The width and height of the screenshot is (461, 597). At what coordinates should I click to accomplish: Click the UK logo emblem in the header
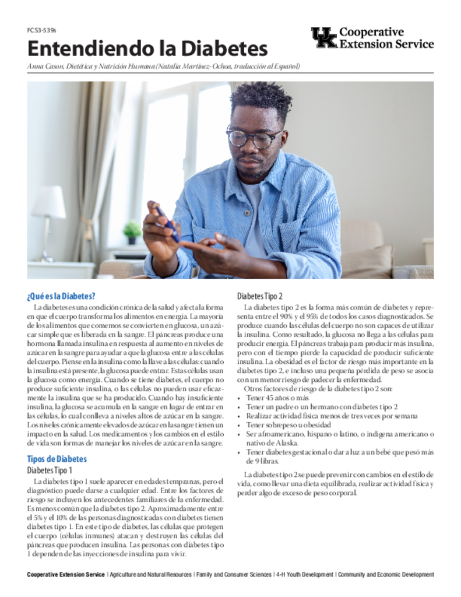point(323,37)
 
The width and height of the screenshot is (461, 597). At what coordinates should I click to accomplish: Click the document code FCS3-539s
point(41,30)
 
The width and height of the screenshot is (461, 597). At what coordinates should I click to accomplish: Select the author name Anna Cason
point(44,66)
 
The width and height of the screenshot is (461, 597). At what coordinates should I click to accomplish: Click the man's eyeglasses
point(254,138)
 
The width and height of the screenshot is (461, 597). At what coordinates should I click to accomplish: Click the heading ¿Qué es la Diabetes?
point(61,296)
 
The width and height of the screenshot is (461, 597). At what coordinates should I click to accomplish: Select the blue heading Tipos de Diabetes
point(57,459)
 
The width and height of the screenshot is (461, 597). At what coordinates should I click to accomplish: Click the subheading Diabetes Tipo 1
point(50,470)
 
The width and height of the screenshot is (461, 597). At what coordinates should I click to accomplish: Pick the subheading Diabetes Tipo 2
point(260,296)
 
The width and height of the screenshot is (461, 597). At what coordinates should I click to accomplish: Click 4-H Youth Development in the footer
point(305,575)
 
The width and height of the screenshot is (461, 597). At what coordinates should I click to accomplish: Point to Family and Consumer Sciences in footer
point(234,575)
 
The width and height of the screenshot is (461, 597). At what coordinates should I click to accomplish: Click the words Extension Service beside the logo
point(386,44)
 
